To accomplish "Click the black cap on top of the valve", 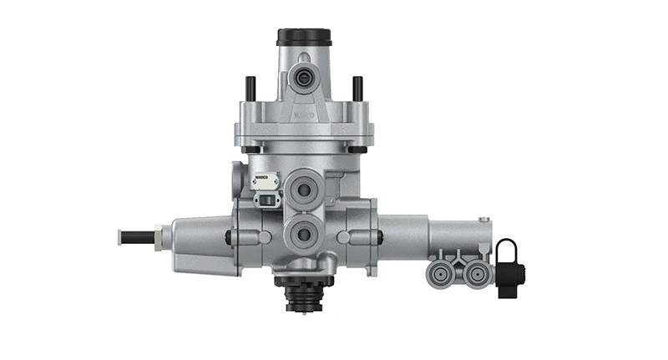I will pos(304,37).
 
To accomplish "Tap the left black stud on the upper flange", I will pos(250,88).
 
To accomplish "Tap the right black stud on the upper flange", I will pos(357,88).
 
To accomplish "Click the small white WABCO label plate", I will pos(261,178).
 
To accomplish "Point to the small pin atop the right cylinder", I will pos(483,220).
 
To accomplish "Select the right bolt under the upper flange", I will pos(362,150).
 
